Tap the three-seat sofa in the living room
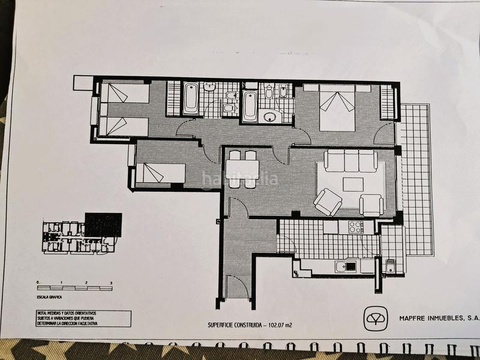pyautogui.click(x=351, y=160)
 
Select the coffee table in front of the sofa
pyautogui.click(x=353, y=184)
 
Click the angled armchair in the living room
pyautogui.click(x=328, y=202)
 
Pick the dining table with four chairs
pyautogui.click(x=243, y=169)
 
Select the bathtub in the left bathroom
pyautogui.click(x=191, y=98)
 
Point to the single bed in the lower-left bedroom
pyautogui.click(x=160, y=173)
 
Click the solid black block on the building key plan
pyautogui.click(x=103, y=224)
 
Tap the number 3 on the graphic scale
pyautogui.click(x=111, y=282)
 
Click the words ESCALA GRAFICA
pyautogui.click(x=50, y=296)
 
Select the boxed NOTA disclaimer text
pyautogui.click(x=82, y=318)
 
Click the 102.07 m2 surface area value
pyautogui.click(x=281, y=326)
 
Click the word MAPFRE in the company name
pyautogui.click(x=412, y=319)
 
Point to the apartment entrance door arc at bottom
pyautogui.click(x=235, y=286)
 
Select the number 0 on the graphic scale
pyautogui.click(x=38, y=282)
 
